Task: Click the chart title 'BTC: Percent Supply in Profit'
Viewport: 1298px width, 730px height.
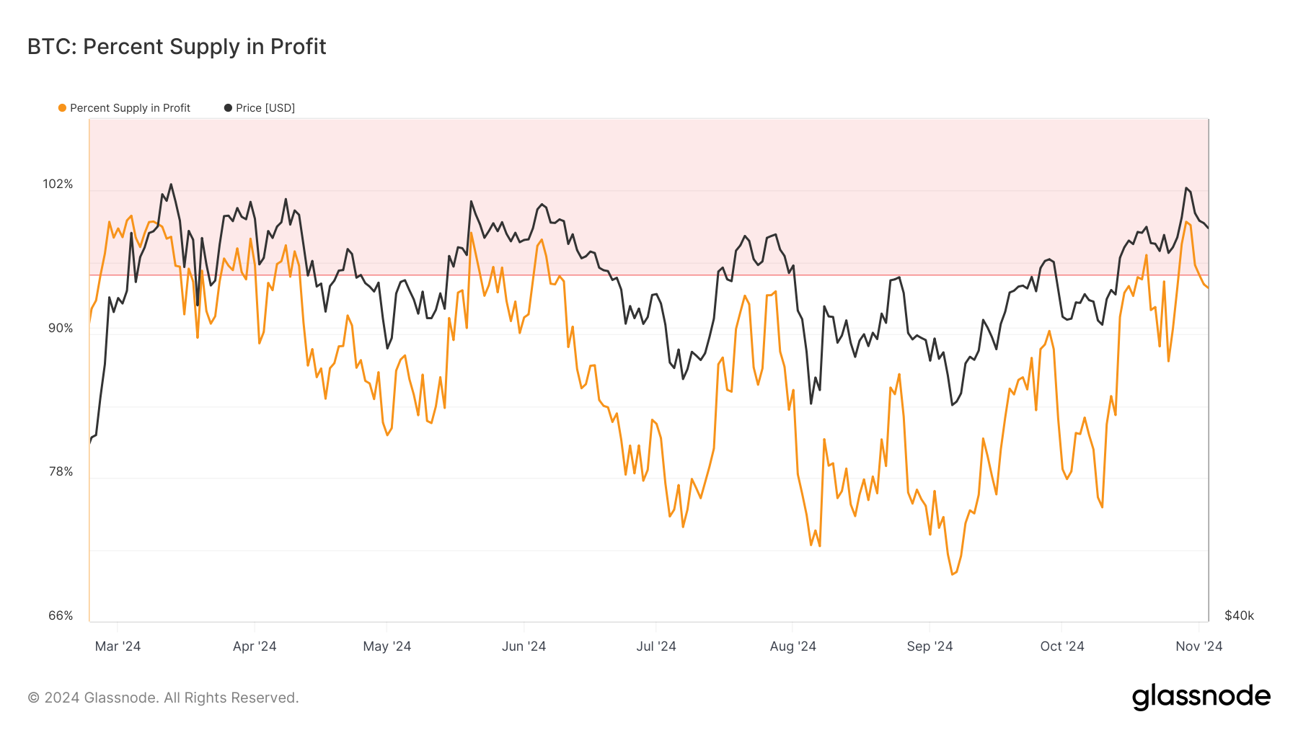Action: (177, 47)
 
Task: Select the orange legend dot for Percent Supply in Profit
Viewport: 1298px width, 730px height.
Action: (62, 108)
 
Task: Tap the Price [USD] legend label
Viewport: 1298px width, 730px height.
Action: (265, 108)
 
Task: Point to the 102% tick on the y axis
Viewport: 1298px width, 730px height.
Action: (58, 184)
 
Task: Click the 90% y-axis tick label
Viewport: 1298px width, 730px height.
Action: (61, 329)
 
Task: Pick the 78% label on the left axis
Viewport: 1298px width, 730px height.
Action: (61, 472)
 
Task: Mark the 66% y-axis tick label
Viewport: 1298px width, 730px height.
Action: (61, 616)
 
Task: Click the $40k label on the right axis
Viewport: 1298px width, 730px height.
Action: (1239, 616)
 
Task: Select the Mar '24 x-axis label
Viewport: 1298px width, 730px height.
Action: (118, 646)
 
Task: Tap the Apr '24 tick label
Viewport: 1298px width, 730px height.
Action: (255, 646)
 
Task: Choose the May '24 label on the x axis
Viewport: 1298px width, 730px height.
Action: (387, 646)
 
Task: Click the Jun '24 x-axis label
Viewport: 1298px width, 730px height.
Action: (524, 646)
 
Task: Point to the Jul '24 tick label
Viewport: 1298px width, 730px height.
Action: (656, 646)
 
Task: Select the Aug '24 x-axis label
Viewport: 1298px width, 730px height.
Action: (793, 646)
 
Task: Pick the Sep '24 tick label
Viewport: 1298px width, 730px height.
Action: (930, 646)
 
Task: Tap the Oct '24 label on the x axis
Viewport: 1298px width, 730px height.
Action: (1061, 646)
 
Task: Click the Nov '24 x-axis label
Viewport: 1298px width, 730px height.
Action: (1198, 646)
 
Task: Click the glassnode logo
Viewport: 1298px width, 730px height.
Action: (1201, 697)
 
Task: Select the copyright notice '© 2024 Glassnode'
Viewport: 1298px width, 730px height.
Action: (163, 698)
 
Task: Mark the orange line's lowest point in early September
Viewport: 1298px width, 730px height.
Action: (953, 574)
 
